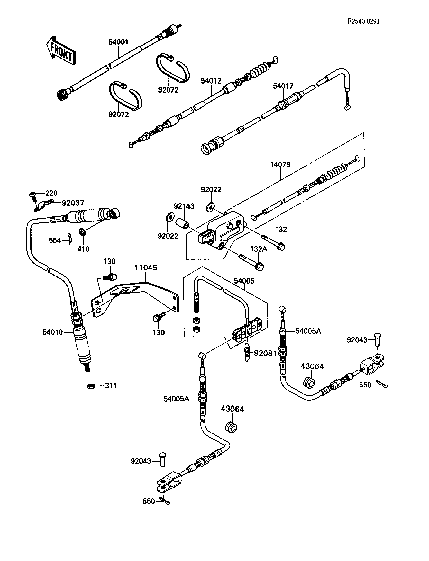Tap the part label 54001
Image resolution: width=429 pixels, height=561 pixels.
tap(118, 42)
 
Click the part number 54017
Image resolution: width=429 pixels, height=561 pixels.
tap(283, 86)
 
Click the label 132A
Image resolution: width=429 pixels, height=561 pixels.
tap(259, 249)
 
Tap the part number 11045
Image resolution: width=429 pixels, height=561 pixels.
tap(146, 268)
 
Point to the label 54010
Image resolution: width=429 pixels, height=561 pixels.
tap(53, 332)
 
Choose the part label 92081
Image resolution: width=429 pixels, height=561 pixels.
tap(265, 353)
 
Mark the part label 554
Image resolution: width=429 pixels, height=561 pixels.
tap(55, 240)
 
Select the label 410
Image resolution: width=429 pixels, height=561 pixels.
tap(84, 249)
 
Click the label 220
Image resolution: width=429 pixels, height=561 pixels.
tap(51, 193)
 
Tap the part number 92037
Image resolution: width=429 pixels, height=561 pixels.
tap(73, 203)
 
